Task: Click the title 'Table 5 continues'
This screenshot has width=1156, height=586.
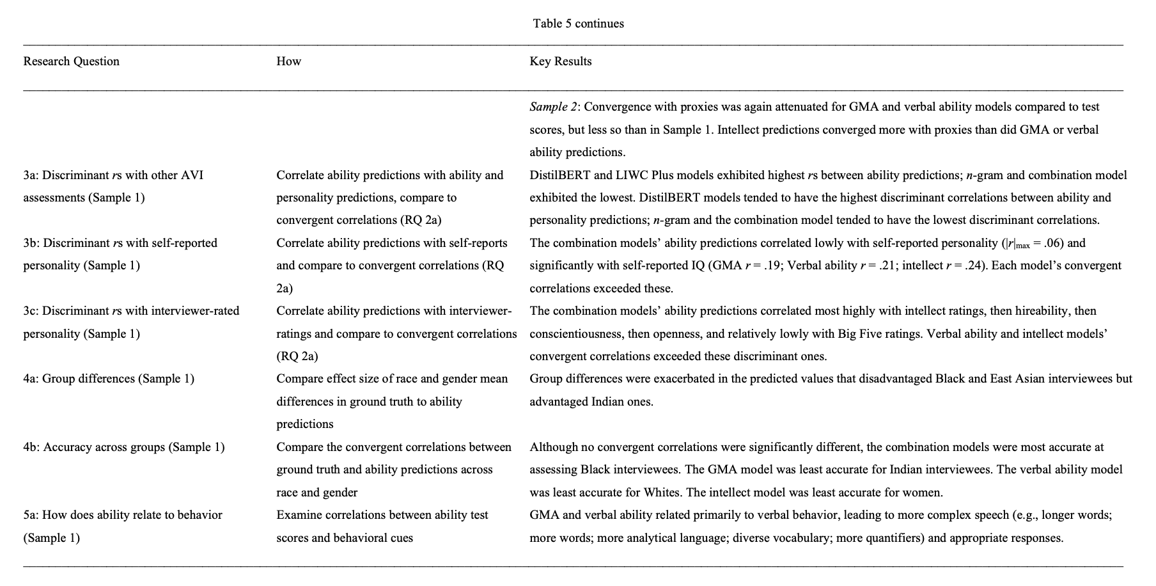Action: point(578,24)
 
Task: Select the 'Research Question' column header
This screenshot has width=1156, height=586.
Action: point(71,61)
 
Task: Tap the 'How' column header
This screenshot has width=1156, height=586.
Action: point(288,61)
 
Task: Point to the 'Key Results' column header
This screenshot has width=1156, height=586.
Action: point(560,61)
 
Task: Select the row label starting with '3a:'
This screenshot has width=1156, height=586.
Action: point(113,175)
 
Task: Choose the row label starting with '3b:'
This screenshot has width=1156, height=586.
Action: point(120,243)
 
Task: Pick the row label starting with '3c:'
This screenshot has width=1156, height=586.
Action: point(131,311)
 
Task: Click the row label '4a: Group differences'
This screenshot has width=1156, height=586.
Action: point(109,379)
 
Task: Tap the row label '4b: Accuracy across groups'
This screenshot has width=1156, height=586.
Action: point(123,447)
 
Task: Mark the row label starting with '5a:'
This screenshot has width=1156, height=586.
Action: point(123,515)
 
